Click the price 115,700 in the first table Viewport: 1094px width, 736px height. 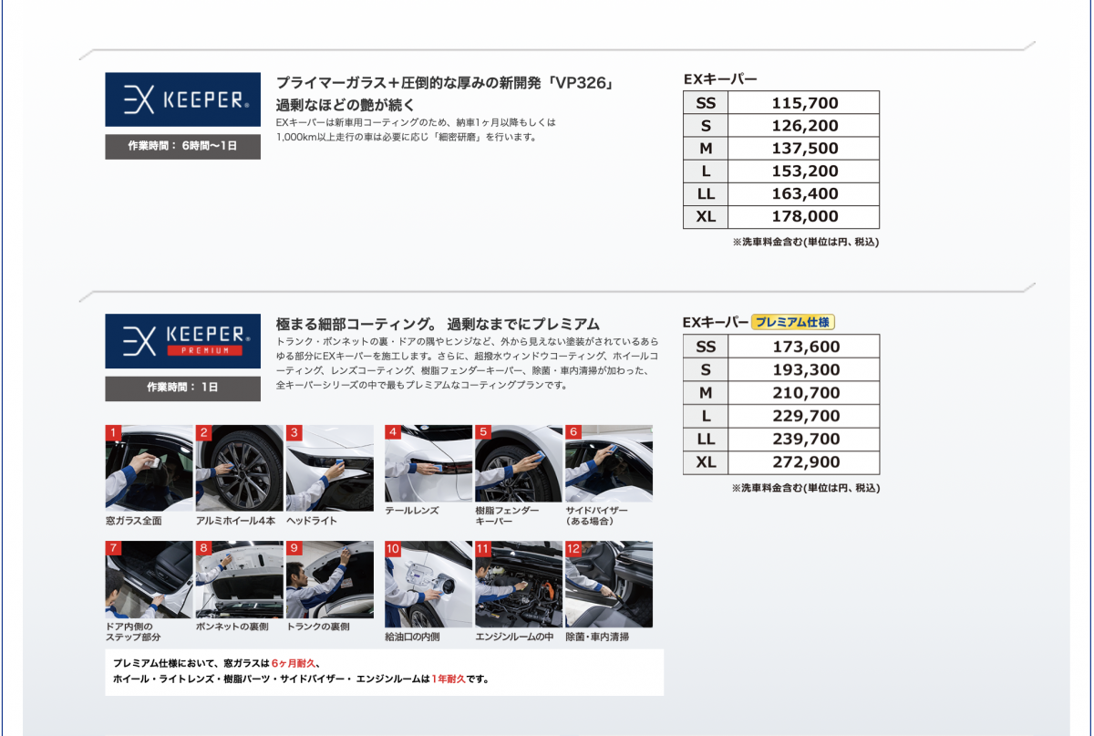[804, 103]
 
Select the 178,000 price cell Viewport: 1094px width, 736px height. [804, 216]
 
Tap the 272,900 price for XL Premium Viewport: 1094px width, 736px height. [806, 461]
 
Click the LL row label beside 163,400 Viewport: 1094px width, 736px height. [706, 194]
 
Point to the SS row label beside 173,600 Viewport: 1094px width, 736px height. [706, 347]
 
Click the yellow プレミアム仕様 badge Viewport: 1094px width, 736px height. [792, 322]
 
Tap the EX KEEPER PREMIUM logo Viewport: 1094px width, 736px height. [182, 341]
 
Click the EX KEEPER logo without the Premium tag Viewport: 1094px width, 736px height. [182, 99]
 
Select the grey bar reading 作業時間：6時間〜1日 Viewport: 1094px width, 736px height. [182, 146]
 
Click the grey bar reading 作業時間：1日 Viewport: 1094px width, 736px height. [182, 388]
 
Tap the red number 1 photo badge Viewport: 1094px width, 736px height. [113, 432]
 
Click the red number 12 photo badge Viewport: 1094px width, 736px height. [573, 548]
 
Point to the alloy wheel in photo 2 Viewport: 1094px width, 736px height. [242, 474]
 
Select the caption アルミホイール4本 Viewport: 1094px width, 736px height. [236, 521]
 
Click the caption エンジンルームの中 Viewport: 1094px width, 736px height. [514, 637]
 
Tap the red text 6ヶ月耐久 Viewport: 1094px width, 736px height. [294, 663]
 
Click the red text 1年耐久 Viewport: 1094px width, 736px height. [449, 679]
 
